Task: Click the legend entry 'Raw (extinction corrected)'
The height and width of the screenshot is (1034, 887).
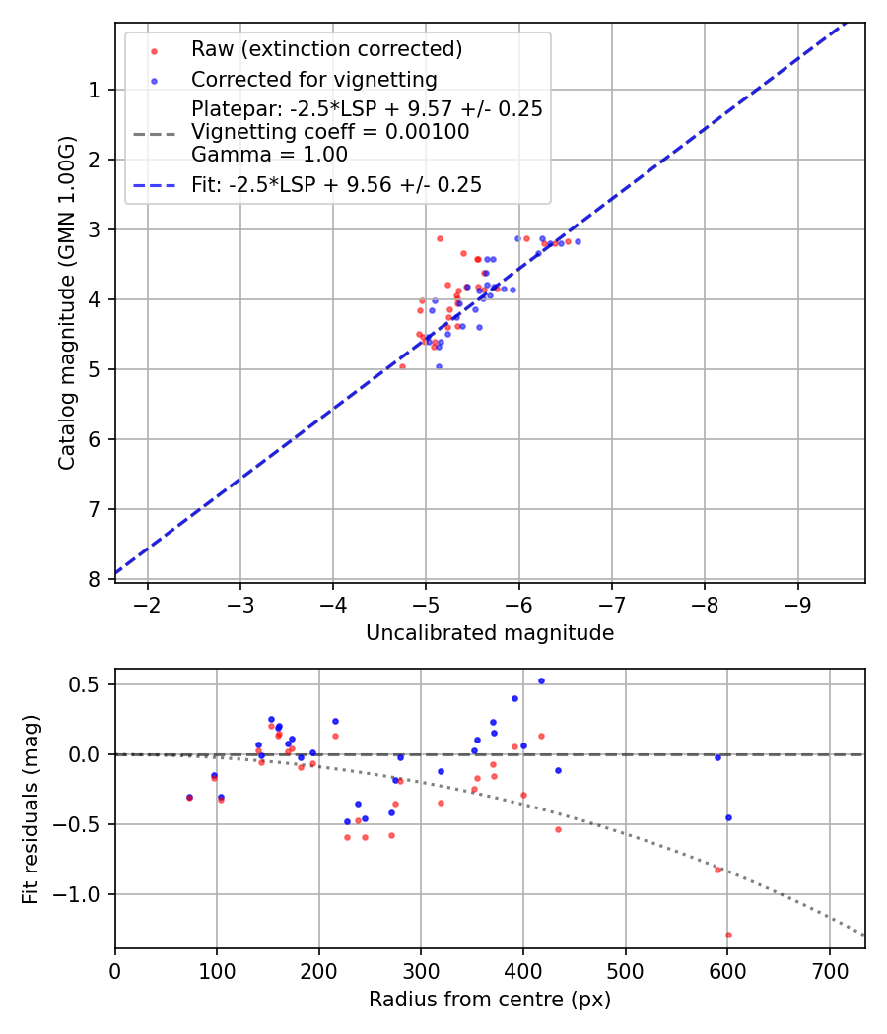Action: click(x=326, y=49)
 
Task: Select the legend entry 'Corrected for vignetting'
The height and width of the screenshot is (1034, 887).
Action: click(x=313, y=79)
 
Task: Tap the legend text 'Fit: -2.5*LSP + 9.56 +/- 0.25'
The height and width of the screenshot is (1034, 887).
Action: click(x=336, y=184)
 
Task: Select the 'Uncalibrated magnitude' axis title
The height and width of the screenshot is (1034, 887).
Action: click(x=490, y=633)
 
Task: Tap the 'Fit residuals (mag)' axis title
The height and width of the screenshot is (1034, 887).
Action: click(x=30, y=808)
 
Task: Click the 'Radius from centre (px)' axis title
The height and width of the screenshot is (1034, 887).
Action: click(x=490, y=1000)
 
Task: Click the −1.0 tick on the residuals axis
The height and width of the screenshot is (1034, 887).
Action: click(x=83, y=894)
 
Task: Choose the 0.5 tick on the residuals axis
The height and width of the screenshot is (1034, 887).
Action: click(x=89, y=684)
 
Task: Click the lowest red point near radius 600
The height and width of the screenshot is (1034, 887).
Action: click(x=728, y=935)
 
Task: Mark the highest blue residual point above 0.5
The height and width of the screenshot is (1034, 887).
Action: click(x=541, y=680)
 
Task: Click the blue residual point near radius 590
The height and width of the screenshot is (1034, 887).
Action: click(x=717, y=757)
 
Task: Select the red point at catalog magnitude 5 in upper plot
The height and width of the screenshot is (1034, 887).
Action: click(x=402, y=366)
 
